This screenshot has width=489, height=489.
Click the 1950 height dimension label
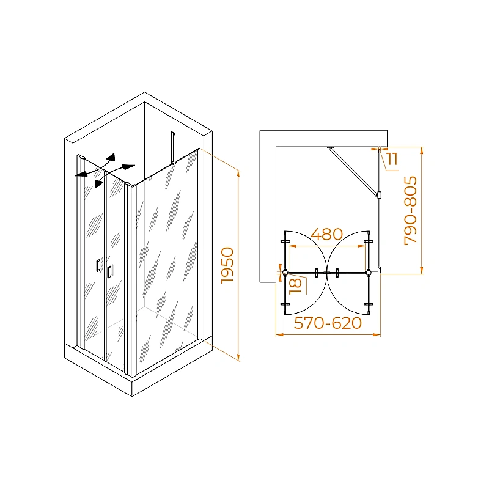coord(227,265)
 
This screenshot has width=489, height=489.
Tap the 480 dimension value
coord(327,234)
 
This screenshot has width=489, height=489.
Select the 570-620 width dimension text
coord(328,323)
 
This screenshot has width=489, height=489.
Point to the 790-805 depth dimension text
coord(410,210)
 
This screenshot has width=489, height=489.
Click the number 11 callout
coord(392,159)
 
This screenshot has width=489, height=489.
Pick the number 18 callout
coord(296,286)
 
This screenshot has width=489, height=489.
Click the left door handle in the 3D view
coord(98,265)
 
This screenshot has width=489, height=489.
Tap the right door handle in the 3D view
coord(109,271)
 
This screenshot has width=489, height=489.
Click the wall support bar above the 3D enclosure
coord(173,148)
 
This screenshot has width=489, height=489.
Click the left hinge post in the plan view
coord(284,273)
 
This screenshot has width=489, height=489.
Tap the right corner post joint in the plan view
coord(369,273)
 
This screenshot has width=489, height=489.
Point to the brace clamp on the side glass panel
coord(379,195)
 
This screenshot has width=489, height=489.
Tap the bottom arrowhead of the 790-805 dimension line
coord(422,270)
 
